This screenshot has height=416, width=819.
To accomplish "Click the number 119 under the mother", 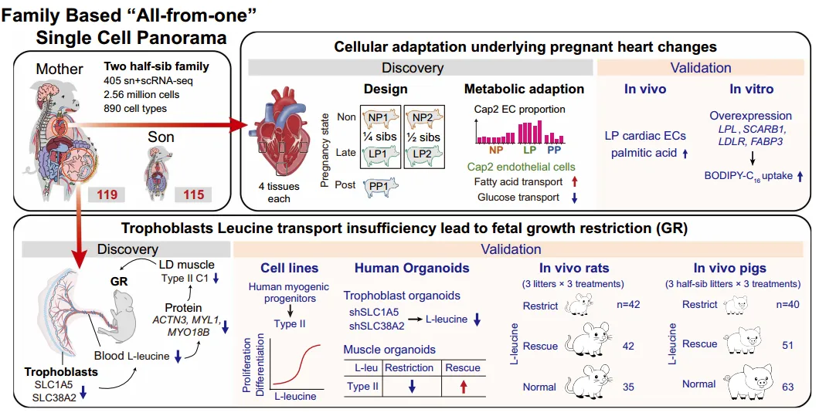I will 107,194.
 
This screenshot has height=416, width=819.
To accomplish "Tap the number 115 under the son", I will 194,194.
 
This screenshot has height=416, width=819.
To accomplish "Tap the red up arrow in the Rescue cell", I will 463,387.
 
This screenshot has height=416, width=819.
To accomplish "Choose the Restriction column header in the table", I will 409,368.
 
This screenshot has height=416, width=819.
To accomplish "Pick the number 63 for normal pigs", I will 787,386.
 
